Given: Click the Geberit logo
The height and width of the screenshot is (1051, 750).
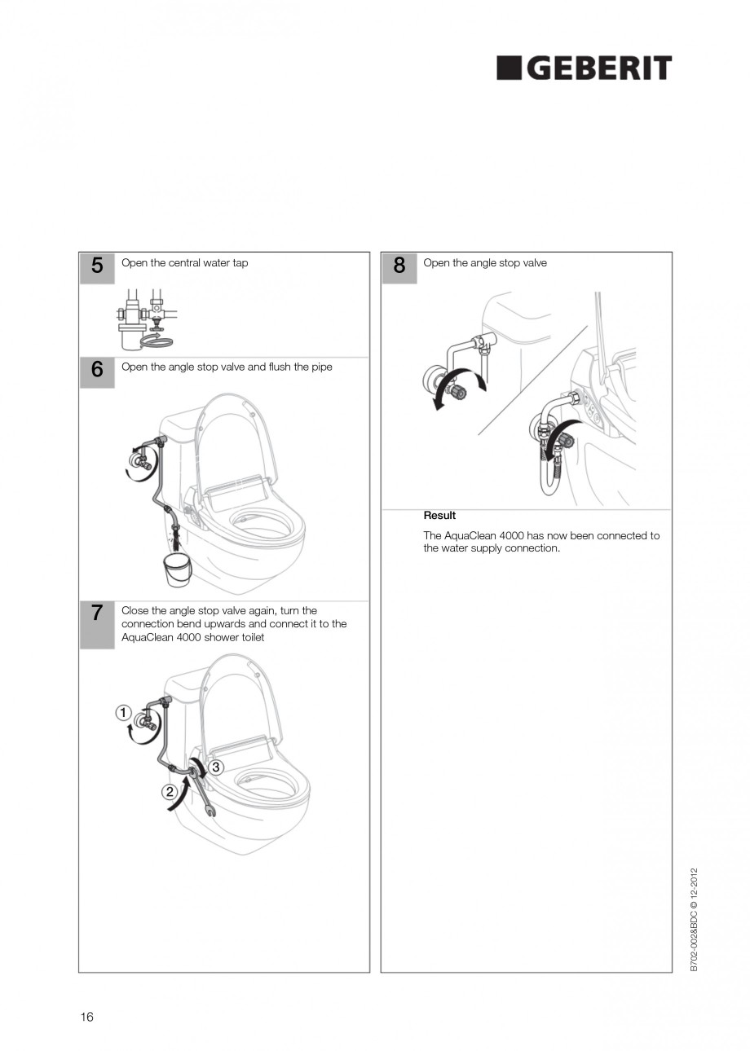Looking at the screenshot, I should (x=584, y=68).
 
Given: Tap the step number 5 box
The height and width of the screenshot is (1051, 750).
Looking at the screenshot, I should (x=97, y=267).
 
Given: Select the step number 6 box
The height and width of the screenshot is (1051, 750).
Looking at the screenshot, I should (x=97, y=371).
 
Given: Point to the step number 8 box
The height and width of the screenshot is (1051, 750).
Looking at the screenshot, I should (x=399, y=267).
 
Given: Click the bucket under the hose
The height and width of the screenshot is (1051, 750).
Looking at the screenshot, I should (x=177, y=568).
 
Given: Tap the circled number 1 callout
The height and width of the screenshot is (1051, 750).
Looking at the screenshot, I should (x=123, y=713).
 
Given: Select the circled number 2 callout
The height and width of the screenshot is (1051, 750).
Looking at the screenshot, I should (x=170, y=791).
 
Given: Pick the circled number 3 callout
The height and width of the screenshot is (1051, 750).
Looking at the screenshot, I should (x=216, y=767).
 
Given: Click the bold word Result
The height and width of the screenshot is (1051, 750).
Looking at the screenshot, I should (x=439, y=516).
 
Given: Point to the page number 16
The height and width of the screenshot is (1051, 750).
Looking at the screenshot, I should (x=86, y=1017).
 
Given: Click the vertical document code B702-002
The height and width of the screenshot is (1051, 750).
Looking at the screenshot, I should (x=694, y=919).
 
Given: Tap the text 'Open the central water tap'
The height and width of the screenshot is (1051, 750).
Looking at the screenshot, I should (x=185, y=263).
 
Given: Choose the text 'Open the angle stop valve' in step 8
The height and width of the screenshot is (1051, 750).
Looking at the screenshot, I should (x=485, y=263).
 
